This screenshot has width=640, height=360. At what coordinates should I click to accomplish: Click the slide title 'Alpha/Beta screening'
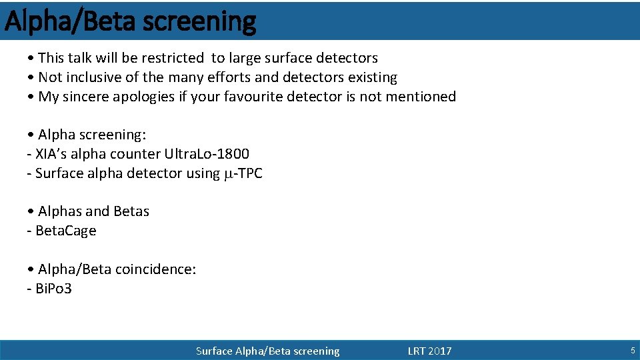[x=130, y=21]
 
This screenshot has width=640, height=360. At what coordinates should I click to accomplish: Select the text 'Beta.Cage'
[x=65, y=231]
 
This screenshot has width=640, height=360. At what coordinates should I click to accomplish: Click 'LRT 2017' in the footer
[x=429, y=351]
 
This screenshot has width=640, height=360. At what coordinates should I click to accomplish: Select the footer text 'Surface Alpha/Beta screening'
[x=267, y=351]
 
